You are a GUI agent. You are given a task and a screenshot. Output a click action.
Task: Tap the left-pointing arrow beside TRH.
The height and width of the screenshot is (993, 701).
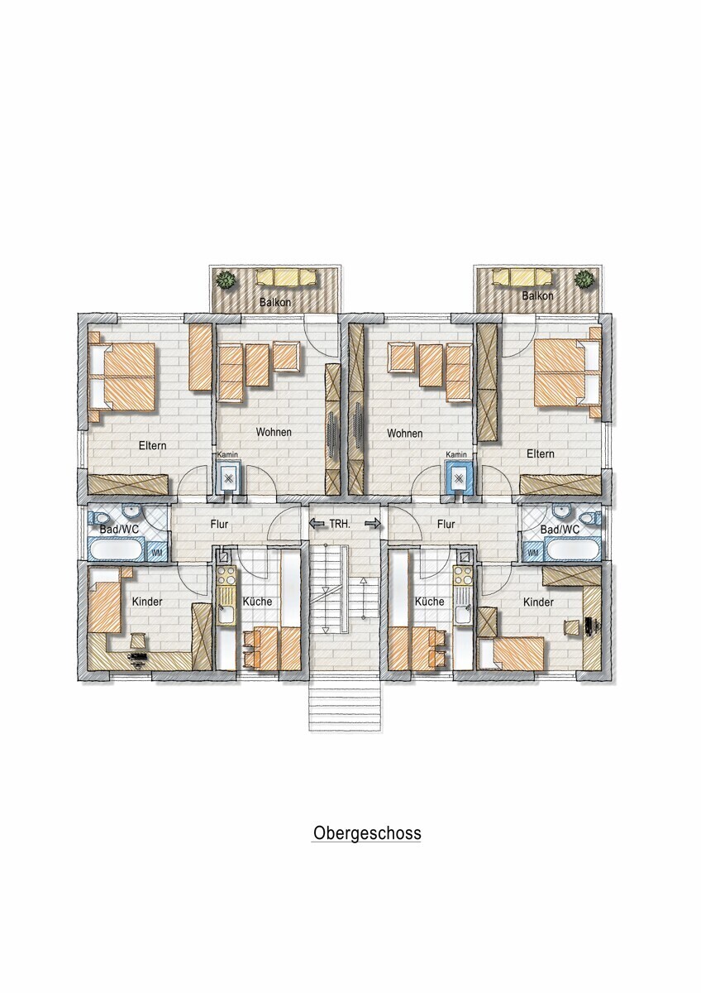coord(317,524)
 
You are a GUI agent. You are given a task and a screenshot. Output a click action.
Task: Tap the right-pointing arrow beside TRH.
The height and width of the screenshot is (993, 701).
coord(373,524)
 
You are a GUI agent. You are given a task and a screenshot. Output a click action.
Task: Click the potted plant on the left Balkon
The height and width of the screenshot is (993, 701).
coord(226,281)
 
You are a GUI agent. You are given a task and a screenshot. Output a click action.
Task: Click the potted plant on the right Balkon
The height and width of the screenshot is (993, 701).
coord(584,281)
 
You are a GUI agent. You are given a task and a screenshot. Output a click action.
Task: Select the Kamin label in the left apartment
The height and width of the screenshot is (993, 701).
coord(227,454)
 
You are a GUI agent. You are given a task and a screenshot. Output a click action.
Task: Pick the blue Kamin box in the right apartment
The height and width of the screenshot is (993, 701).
coord(460,477)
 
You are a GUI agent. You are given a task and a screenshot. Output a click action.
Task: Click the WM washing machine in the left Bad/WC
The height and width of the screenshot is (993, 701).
coord(157,553)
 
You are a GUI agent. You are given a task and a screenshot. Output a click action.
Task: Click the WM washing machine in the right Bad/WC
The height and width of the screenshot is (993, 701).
coord(533,553)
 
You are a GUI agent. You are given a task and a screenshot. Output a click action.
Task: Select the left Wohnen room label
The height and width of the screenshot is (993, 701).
coord(274,432)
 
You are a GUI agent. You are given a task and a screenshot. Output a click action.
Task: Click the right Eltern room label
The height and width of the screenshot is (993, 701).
coord(541,453)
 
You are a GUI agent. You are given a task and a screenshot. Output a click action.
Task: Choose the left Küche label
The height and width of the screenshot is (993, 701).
coord(257,602)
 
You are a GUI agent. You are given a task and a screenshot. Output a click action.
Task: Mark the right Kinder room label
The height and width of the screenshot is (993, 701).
coord(538,602)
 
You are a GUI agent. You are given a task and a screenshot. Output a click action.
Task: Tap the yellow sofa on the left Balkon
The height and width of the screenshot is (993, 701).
coord(286,277)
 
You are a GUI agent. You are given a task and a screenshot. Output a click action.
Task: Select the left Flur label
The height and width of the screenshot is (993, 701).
coord(219,525)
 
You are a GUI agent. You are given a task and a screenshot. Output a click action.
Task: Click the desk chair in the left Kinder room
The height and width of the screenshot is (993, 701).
coord(137,639)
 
